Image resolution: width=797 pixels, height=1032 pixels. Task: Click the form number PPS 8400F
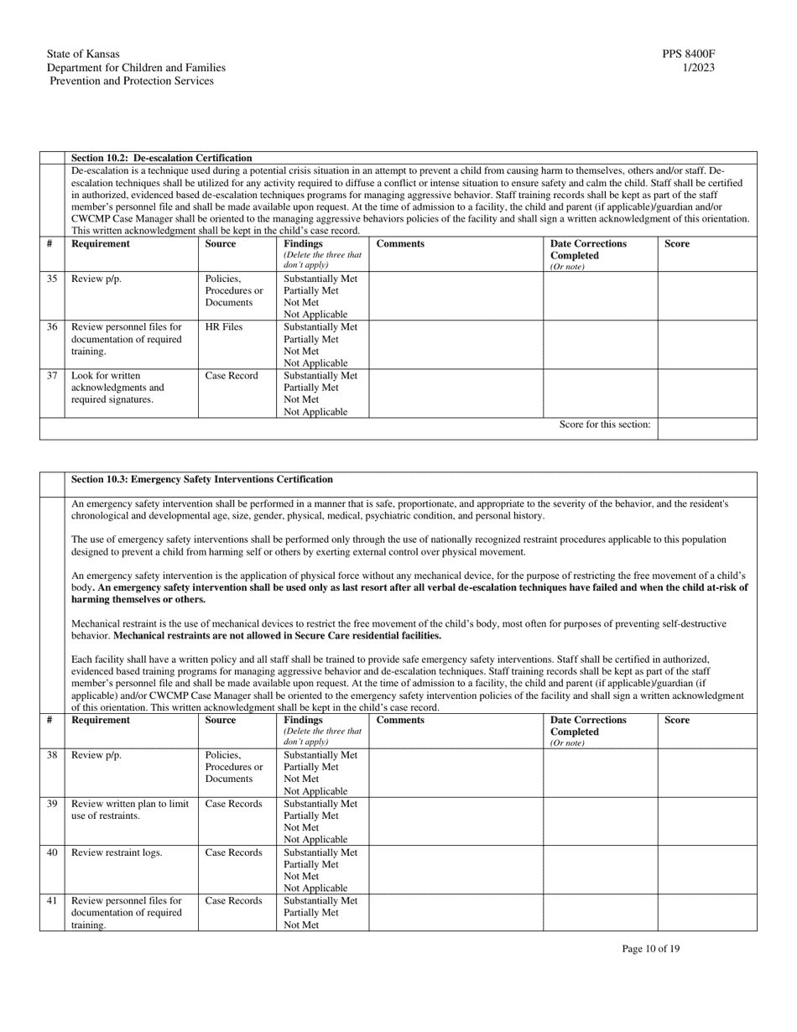click(x=688, y=55)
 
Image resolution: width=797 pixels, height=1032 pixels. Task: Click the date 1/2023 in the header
click(x=699, y=68)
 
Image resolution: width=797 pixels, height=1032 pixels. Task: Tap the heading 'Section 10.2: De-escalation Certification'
click(x=161, y=158)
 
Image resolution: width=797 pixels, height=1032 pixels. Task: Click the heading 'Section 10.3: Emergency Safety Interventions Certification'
click(x=202, y=480)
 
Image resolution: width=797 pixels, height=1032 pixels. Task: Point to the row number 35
click(x=51, y=279)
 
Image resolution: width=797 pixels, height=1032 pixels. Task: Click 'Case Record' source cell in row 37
click(x=232, y=376)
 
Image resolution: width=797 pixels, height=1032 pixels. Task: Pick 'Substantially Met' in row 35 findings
click(x=320, y=279)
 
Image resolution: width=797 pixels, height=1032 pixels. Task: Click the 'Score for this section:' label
click(x=605, y=425)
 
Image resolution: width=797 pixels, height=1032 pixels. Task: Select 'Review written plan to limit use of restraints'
click(x=129, y=810)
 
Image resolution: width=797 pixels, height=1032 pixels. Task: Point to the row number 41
click(x=51, y=901)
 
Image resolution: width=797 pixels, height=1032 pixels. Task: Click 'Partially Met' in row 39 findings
click(x=311, y=816)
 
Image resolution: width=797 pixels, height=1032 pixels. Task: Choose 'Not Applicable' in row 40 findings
click(x=315, y=888)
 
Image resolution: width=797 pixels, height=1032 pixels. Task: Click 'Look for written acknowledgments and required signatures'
click(x=117, y=388)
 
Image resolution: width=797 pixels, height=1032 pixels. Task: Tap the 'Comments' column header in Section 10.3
click(x=400, y=720)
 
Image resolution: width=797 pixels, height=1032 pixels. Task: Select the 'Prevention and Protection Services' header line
click(x=131, y=81)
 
